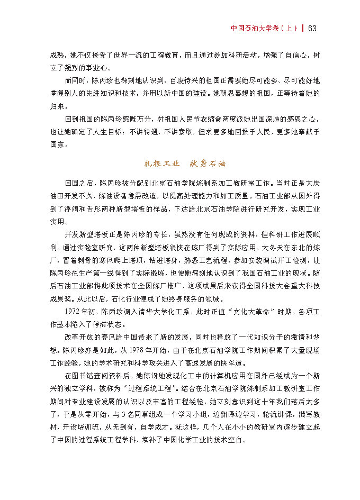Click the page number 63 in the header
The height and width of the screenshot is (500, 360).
(x=312, y=28)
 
